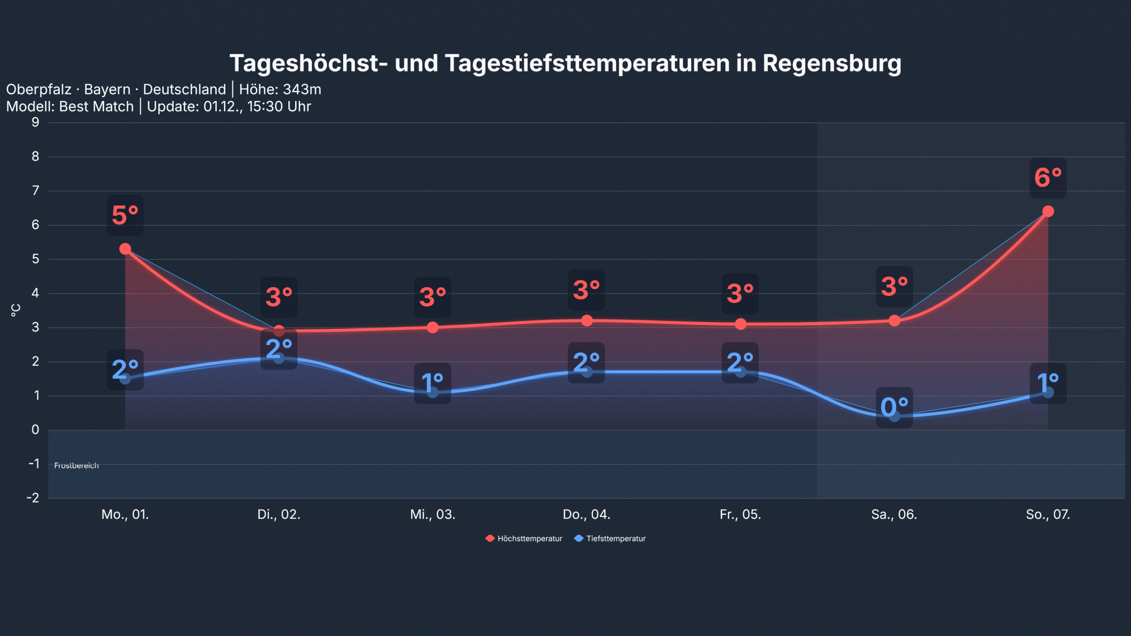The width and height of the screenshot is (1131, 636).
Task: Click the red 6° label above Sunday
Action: click(x=1048, y=178)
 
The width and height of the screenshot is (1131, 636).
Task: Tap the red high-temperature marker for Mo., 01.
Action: click(x=125, y=248)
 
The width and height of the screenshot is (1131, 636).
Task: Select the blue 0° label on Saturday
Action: click(x=894, y=407)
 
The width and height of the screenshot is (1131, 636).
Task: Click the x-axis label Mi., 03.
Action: click(x=433, y=514)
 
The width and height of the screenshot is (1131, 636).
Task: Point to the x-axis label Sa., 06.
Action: click(x=894, y=514)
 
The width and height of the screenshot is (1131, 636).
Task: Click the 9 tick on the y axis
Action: click(x=36, y=122)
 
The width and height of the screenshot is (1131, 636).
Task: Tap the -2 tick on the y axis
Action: click(x=34, y=498)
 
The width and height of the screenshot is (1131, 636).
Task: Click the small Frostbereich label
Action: click(x=77, y=465)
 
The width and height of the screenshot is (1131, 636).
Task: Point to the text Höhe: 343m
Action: click(x=280, y=89)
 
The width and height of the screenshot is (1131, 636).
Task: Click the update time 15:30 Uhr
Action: click(x=279, y=106)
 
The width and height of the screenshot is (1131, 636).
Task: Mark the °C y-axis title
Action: click(x=16, y=310)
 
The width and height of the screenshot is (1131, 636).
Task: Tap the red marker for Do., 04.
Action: click(x=587, y=321)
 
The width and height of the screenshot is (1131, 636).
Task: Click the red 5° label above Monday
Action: click(x=125, y=215)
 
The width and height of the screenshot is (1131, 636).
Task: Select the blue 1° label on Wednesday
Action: click(x=433, y=383)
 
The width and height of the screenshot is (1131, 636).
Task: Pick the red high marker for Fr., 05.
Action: click(x=740, y=324)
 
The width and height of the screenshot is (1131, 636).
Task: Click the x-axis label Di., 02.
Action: click(x=279, y=514)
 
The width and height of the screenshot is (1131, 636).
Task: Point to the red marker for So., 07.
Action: click(x=1048, y=211)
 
